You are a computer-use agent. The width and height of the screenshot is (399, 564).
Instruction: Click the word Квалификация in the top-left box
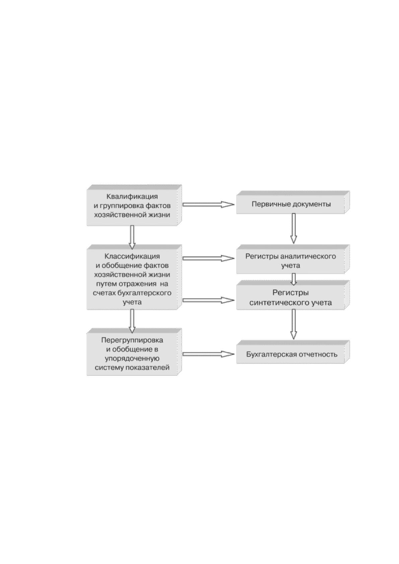132,196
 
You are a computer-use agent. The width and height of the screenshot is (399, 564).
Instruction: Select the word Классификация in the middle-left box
132,256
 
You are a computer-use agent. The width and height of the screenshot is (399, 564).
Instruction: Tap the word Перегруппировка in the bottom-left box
132,340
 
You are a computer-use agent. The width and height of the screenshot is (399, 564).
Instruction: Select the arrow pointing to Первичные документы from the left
209,204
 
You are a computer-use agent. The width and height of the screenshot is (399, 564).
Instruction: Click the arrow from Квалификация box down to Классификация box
132,237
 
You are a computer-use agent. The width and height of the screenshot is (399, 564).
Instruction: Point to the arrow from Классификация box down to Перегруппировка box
132,321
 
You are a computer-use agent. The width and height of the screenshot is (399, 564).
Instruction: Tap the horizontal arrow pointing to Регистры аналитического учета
209,258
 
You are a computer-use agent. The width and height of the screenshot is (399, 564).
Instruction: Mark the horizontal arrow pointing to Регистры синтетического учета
209,300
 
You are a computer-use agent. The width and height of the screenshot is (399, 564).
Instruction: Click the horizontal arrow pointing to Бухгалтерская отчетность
209,354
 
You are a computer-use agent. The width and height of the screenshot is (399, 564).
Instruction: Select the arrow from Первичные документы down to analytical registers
293,228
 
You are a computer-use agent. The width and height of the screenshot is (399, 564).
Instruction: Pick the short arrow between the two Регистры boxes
293,279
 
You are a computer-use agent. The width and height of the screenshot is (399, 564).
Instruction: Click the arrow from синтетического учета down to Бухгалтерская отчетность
293,324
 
